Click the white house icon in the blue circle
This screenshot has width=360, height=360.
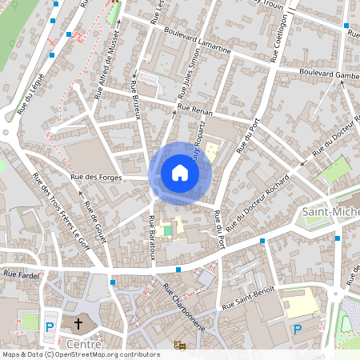[180, 173]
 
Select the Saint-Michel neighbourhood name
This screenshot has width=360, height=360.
[330, 210]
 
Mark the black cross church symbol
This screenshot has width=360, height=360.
[78, 325]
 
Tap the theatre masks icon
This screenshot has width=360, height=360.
[180, 344]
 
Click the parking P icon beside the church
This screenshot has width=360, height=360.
[50, 326]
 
